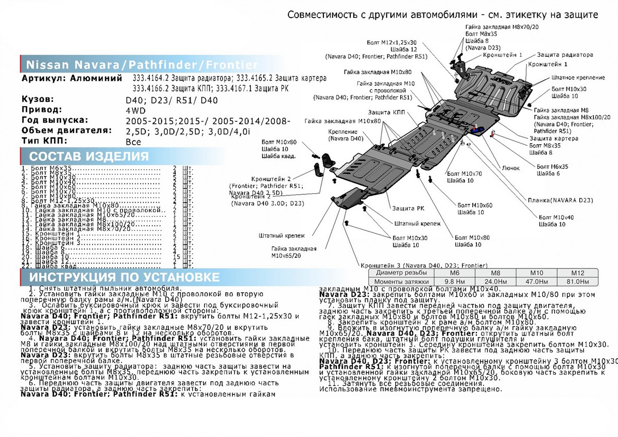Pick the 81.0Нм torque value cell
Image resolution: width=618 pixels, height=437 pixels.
coord(576,282)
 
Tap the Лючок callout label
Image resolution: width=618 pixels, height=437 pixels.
coord(511,168)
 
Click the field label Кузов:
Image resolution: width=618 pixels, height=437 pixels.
coord(38,99)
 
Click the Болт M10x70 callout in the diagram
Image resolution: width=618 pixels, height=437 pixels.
coord(465,174)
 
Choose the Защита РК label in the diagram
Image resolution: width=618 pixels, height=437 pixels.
coord(404,208)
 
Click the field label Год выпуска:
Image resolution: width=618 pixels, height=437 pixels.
coord(55,120)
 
